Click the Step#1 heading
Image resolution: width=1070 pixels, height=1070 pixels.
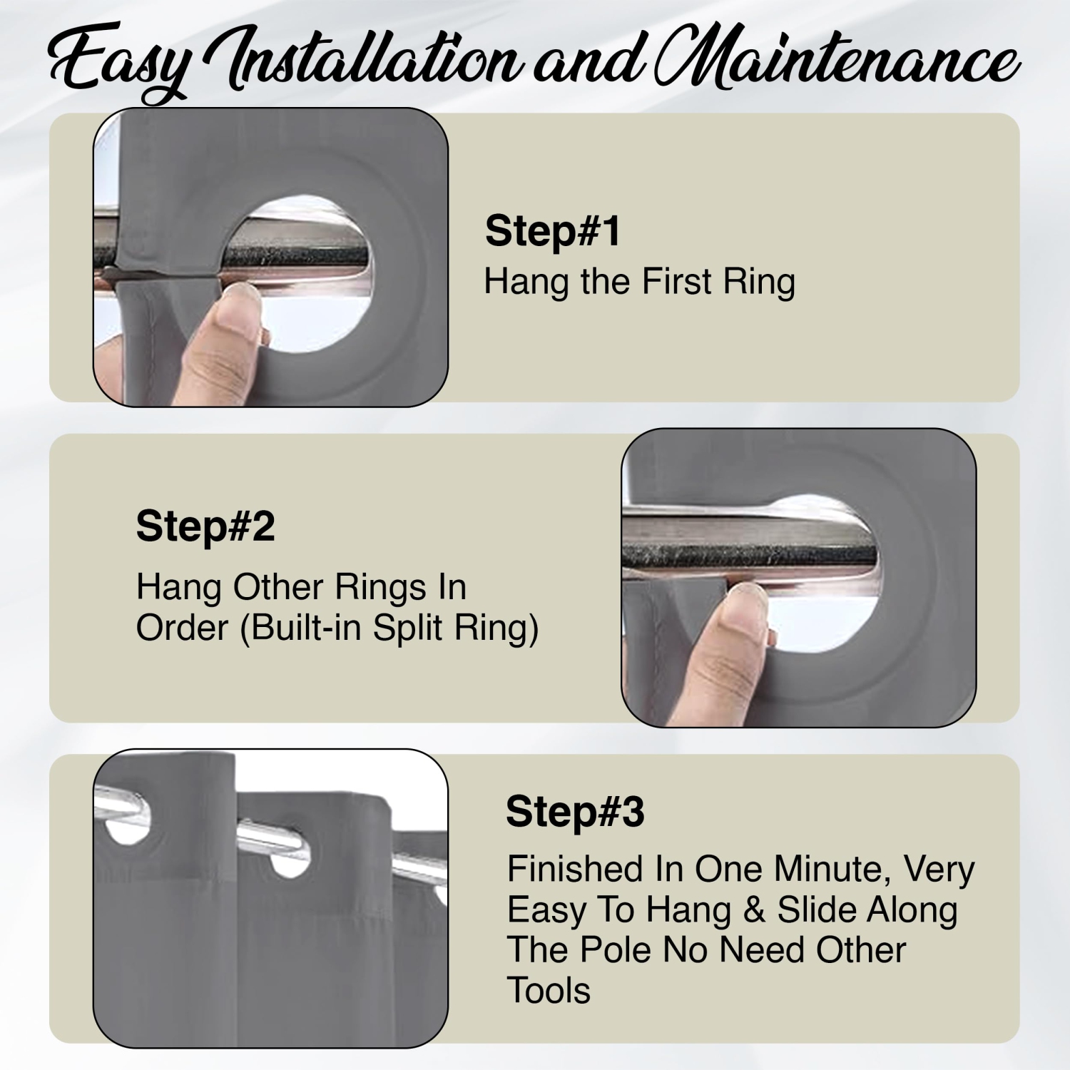tap(553, 231)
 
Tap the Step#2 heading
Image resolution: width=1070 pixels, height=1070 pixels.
tap(205, 526)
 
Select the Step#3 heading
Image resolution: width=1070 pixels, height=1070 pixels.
tap(575, 812)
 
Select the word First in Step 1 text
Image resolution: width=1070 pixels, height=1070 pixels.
tap(677, 281)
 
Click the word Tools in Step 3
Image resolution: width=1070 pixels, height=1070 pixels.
tap(549, 991)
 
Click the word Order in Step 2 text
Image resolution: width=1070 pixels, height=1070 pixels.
tap(183, 628)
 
